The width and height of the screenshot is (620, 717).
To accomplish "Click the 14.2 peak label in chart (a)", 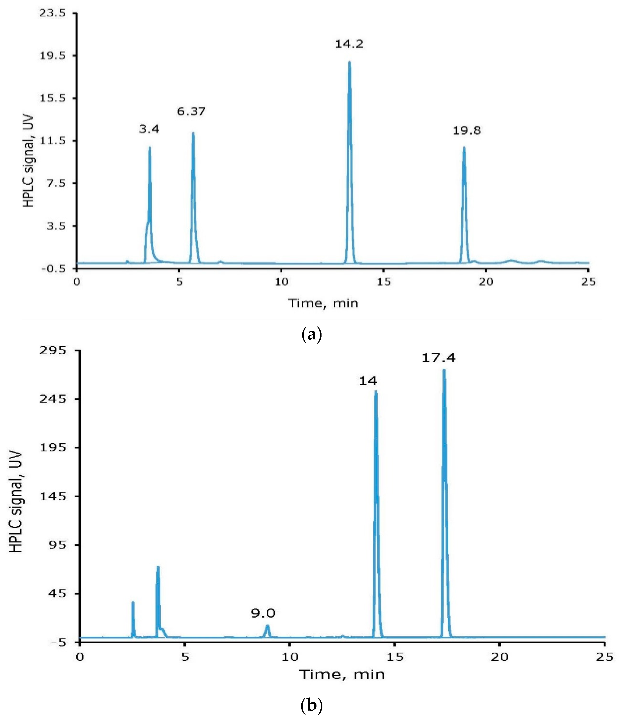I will [x=349, y=44].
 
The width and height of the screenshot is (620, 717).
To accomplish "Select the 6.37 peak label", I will [x=191, y=111].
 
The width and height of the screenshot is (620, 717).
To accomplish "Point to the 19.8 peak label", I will [x=467, y=131].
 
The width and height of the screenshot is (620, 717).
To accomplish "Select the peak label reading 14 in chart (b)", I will [x=368, y=381].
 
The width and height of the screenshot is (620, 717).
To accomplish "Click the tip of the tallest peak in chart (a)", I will [x=349, y=62].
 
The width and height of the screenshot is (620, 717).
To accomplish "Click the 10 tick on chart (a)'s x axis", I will [x=281, y=282].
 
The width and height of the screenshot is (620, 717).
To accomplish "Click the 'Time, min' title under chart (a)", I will [x=323, y=303].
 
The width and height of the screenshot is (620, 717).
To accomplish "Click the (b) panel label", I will [x=312, y=705].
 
